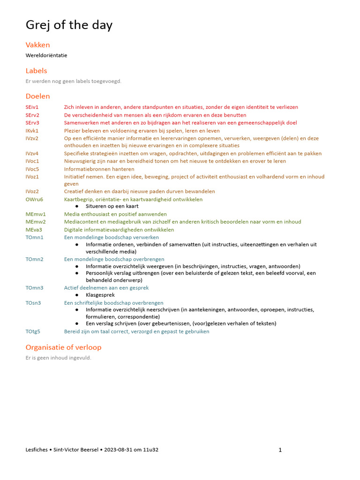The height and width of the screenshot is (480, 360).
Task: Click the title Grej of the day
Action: [69, 25]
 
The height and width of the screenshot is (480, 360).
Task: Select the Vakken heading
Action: [37, 45]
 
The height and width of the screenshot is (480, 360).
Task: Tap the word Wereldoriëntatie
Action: [46, 55]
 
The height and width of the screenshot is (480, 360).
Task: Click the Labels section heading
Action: [36, 71]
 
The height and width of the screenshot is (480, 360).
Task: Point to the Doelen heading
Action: [37, 96]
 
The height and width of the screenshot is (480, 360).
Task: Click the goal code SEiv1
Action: [32, 107]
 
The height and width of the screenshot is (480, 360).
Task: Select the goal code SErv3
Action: [33, 123]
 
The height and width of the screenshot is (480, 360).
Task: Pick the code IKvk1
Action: [32, 131]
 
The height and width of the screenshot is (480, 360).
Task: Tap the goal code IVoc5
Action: [32, 169]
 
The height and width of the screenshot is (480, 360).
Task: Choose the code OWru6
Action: [34, 199]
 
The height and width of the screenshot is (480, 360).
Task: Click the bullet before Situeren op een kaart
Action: [77, 206]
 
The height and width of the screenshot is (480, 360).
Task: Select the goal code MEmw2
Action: [36, 222]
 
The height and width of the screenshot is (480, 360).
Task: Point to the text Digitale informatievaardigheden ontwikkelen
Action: [119, 230]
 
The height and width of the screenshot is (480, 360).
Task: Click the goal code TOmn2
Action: [35, 259]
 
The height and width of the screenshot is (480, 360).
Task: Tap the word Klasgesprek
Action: [100, 295]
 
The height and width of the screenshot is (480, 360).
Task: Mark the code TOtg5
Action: [33, 331]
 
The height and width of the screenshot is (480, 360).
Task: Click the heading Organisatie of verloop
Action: [63, 347]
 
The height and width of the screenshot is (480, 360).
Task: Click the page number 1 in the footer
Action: [280, 450]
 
